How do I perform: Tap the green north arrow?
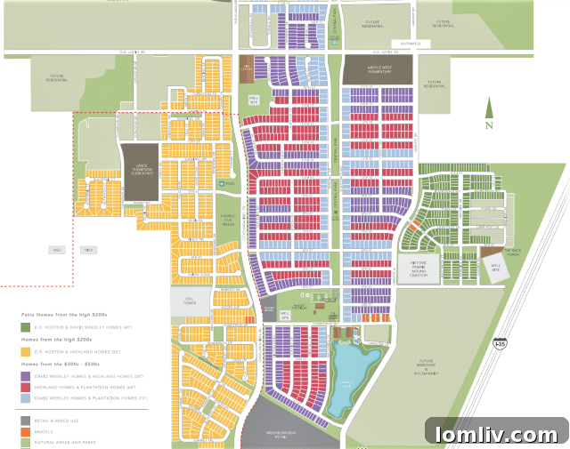(x=488, y=111)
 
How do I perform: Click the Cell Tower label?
(x=189, y=301)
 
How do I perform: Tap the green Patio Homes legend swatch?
(x=26, y=328)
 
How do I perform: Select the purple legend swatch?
(x=26, y=376)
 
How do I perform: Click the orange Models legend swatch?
(x=26, y=429)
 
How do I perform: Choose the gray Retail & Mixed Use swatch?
(x=26, y=419)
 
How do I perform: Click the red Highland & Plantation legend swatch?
(x=26, y=388)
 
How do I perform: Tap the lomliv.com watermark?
(x=496, y=434)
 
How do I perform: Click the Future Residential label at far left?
(x=57, y=78)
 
